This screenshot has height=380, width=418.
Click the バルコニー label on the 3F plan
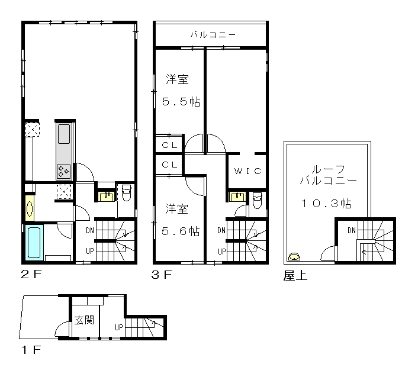(x=213, y=35)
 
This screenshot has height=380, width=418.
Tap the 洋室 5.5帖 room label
(x=181, y=91)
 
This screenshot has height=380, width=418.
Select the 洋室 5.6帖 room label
(x=181, y=220)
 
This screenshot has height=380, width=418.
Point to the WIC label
(x=247, y=171)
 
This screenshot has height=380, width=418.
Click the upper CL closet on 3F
(x=170, y=144)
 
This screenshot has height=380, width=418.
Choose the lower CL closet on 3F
(x=170, y=165)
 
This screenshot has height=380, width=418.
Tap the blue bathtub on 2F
(x=34, y=243)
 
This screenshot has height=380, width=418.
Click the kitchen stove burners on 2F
(x=64, y=171)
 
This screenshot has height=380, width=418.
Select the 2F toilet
(x=126, y=193)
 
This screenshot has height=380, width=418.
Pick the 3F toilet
(x=257, y=200)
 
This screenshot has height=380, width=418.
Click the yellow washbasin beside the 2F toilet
(x=107, y=197)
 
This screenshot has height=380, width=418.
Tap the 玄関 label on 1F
(x=84, y=320)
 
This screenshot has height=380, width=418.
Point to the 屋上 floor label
(x=295, y=276)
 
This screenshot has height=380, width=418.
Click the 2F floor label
(x=31, y=275)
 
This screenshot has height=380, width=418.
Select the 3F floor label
(x=162, y=275)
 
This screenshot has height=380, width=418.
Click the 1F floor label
(x=31, y=350)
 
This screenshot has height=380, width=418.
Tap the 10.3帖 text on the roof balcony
(x=326, y=204)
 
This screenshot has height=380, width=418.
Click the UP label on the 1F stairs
(x=119, y=327)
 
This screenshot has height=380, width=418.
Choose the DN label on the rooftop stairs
(x=352, y=230)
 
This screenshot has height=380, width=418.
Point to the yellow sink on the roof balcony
(x=294, y=257)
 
